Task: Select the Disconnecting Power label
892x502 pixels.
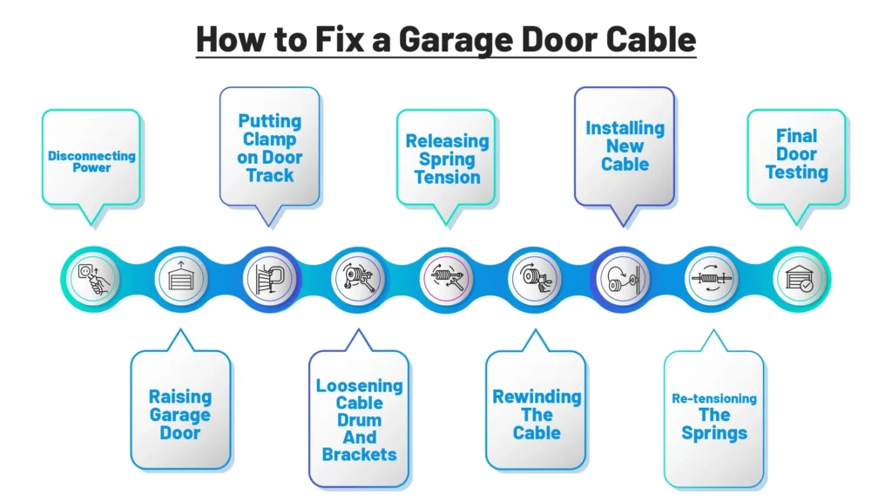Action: (91, 161)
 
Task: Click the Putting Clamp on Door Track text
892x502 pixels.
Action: (270, 148)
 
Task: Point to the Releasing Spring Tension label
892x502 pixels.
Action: (448, 159)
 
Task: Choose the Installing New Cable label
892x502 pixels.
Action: (625, 146)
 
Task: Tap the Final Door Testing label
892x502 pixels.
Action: (797, 154)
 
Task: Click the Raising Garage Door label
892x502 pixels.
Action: (179, 414)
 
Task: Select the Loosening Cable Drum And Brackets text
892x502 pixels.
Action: (359, 419)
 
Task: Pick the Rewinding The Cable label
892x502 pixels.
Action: (537, 414)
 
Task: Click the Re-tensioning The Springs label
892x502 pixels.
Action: (714, 416)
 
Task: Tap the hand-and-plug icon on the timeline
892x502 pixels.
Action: (92, 280)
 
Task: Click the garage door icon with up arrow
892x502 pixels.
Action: (180, 280)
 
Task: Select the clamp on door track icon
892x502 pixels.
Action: (270, 280)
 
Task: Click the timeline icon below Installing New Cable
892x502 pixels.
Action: (624, 280)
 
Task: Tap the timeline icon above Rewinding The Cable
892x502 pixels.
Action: (535, 280)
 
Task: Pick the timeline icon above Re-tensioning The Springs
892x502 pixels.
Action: (712, 280)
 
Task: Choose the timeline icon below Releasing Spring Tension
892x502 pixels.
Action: (447, 280)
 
